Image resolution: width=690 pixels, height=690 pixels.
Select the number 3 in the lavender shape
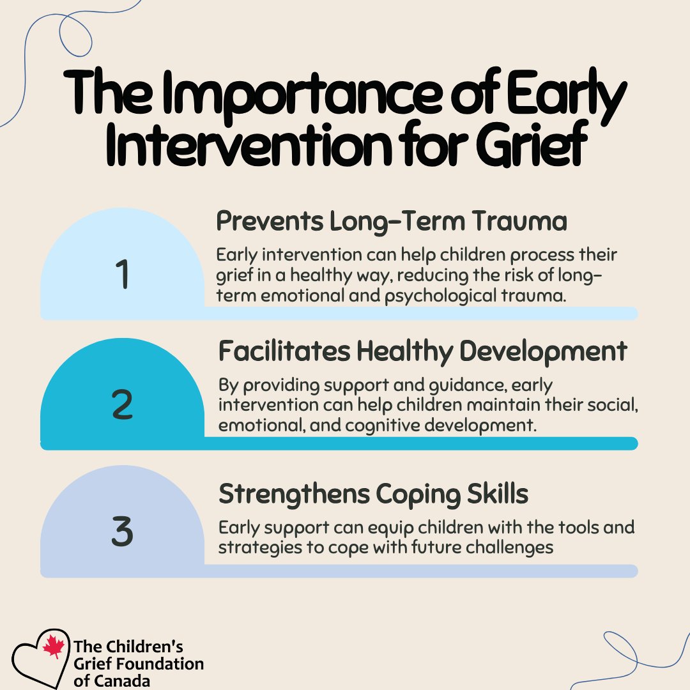[122, 533]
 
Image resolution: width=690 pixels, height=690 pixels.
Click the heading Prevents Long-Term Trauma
[392, 222]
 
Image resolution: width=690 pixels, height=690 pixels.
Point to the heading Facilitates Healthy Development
[422, 351]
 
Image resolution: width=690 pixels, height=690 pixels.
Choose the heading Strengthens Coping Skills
[373, 494]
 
